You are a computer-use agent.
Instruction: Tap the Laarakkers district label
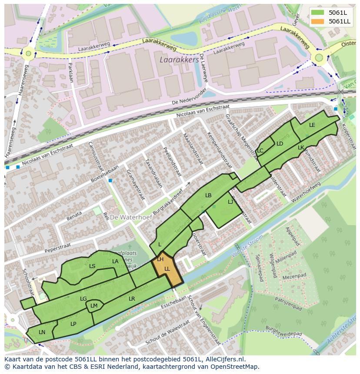[179, 59]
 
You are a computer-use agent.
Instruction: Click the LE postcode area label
[312, 125]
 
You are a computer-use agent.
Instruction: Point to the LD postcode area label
[280, 144]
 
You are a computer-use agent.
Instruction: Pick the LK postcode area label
[300, 148]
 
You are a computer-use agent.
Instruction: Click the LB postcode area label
[208, 195]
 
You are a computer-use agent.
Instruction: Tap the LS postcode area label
[92, 266]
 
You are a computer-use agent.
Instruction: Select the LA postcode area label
[115, 261]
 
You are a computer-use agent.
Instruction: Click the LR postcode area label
[132, 299]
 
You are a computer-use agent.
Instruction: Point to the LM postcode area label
[94, 306]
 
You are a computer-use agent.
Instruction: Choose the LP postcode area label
[73, 324]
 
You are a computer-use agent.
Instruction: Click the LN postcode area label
[42, 332]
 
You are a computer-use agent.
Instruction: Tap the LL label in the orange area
[167, 269]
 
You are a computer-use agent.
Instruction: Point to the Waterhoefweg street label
[306, 191]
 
